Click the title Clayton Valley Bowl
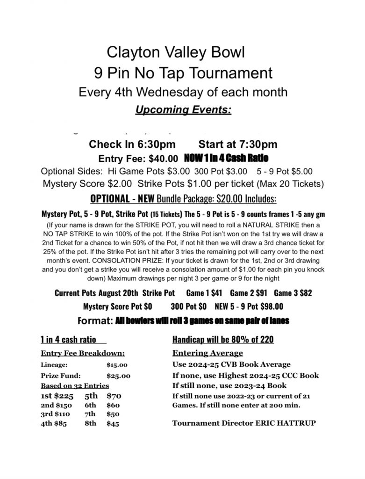[176, 51]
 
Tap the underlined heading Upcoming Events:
[182, 110]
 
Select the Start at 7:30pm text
[238, 145]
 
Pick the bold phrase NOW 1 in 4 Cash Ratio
[226, 158]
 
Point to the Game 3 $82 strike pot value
[293, 293]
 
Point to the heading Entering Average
[208, 353]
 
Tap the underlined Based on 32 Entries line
[75, 386]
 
